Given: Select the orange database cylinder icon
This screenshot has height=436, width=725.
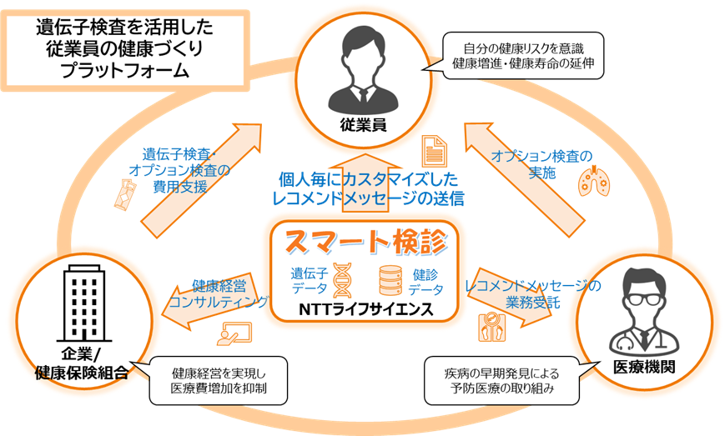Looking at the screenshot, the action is tap(390, 279).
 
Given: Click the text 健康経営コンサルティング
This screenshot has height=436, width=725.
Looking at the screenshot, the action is tap(218, 293).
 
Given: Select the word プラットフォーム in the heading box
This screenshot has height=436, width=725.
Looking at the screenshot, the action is tap(125, 70).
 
